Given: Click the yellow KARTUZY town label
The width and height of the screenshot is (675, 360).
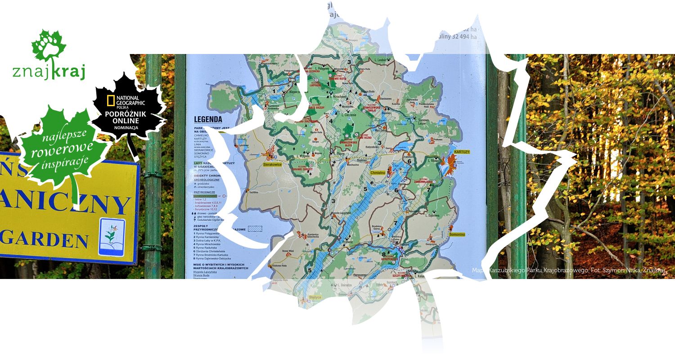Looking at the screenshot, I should (462, 152).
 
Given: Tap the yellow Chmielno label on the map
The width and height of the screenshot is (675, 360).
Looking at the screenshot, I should (378, 172).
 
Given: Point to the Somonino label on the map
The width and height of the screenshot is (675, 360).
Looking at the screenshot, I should (457, 234).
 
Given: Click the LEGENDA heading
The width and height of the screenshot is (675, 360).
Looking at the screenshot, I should (208, 120).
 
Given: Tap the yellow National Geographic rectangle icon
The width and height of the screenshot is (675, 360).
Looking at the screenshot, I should (111, 101).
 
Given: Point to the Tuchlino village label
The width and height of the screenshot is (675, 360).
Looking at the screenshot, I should (254, 192).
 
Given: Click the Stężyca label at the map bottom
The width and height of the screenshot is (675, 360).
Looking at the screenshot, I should (315, 297).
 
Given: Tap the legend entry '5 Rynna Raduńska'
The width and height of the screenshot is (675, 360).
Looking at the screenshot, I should (207, 247).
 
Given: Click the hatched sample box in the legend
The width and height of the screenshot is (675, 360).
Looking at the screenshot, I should (255, 229).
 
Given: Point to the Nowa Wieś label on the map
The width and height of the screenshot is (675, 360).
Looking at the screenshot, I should (288, 251).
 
